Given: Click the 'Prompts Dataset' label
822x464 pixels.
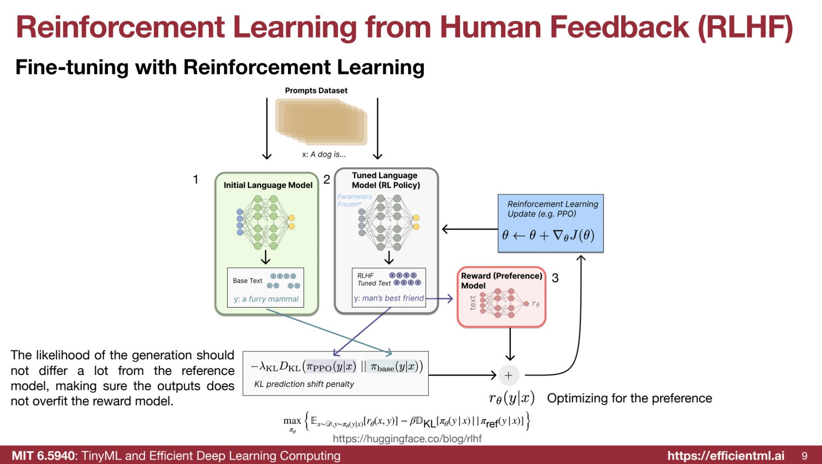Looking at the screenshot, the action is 316,91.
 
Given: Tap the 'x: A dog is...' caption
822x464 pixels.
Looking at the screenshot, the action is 324,154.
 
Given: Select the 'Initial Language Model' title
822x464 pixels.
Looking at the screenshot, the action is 268,185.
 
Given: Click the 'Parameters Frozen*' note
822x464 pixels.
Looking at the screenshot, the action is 355,200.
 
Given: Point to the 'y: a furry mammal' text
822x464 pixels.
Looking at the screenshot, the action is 266,299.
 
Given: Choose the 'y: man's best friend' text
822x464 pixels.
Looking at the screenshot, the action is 389,298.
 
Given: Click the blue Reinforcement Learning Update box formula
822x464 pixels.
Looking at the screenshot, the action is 548,235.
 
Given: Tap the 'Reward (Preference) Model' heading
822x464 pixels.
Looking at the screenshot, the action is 501,281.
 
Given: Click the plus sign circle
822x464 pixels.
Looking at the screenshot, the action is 508,375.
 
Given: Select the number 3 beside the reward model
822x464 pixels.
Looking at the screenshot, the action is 555,278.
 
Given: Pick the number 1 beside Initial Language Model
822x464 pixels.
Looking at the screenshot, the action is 195,179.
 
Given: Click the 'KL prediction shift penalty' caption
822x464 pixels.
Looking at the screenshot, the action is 304,384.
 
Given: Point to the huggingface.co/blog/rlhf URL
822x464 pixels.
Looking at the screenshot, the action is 407,439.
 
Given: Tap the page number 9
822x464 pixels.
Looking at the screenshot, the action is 804,456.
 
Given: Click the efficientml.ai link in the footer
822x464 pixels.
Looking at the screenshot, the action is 726,456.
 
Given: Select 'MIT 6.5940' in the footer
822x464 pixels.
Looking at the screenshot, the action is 43,456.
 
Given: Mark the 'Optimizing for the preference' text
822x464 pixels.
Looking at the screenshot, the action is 629,398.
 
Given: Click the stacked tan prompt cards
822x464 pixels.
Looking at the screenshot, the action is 321,121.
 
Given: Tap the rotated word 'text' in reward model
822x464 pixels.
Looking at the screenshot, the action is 472,303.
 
